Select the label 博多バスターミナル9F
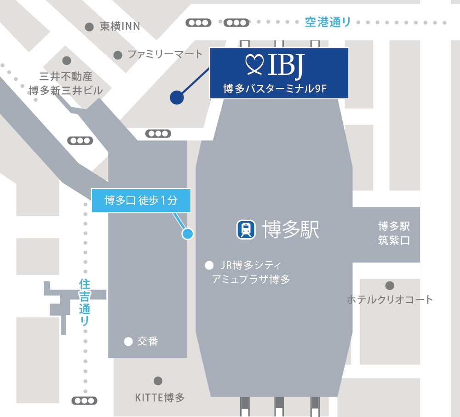[x=275, y=88]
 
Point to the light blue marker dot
[x=187, y=234]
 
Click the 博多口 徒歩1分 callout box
[x=141, y=200]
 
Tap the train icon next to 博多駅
[x=247, y=229]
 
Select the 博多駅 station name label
[x=290, y=229]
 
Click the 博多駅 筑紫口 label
[x=394, y=234]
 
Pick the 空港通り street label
[x=328, y=22]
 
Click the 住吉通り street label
[x=85, y=302]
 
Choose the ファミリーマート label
[x=165, y=54]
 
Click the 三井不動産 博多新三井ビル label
[x=66, y=83]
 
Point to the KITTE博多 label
[x=160, y=397]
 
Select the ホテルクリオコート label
[x=390, y=300]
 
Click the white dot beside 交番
[x=128, y=341]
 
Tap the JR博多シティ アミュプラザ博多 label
[x=251, y=272]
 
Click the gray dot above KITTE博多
[x=158, y=381]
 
